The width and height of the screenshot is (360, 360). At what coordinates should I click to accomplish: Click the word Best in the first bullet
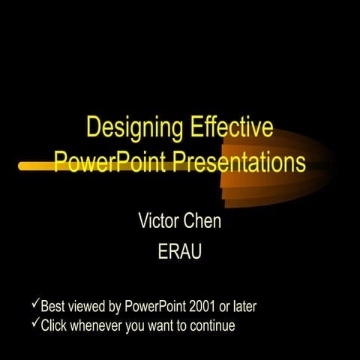[x=52, y=307]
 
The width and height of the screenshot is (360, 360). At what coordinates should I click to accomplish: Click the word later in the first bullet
[x=252, y=307]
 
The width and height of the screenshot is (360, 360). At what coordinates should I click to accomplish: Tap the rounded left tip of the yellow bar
[x=23, y=164]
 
